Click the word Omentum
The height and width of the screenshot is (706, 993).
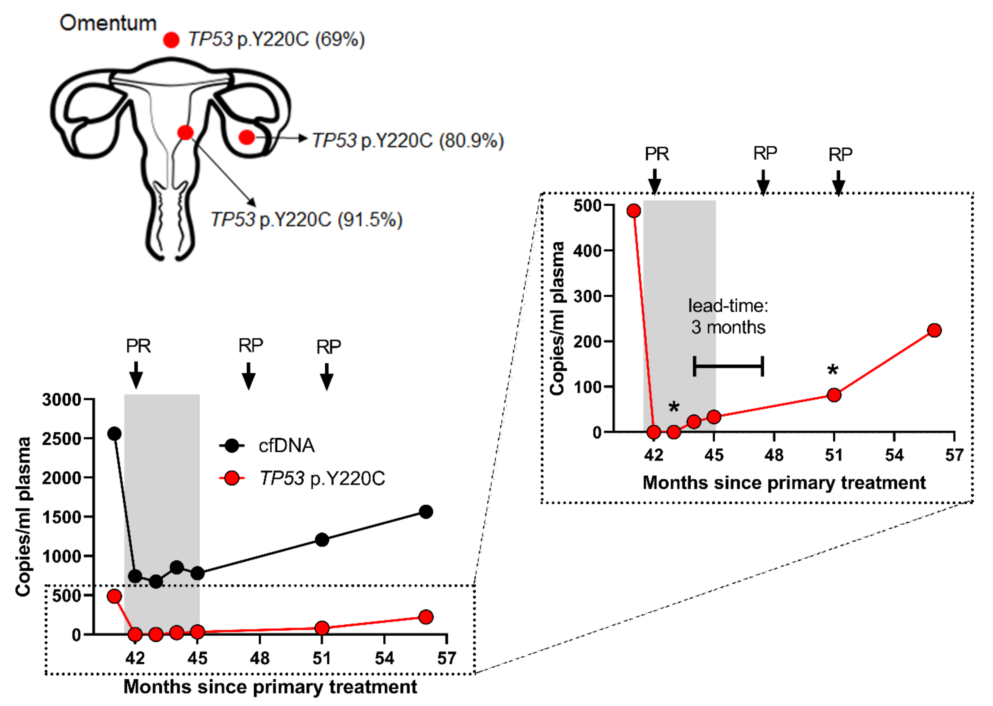[x=108, y=23]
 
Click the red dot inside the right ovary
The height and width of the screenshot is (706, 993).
[x=247, y=137]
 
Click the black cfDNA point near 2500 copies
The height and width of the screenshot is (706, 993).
[x=114, y=433]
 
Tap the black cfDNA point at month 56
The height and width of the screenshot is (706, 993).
[x=426, y=512]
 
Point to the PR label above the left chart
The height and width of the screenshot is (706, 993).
[x=138, y=346]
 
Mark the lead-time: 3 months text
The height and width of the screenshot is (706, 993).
[x=728, y=316]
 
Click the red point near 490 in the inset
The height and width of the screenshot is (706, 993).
[x=634, y=211]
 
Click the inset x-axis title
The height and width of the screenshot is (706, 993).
[x=784, y=483]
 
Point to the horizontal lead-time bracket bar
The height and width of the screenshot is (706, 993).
[x=728, y=366]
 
